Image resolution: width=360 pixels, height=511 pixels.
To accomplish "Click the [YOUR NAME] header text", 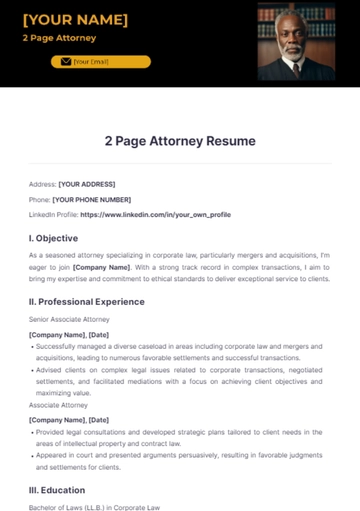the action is [75, 20].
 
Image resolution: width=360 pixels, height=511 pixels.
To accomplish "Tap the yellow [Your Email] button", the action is [101, 62].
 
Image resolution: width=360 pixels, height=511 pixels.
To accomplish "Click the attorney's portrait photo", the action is [296, 41].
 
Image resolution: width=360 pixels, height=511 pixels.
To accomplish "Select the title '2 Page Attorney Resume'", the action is [180, 141].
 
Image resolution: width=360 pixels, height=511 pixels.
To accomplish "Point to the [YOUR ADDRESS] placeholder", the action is [87, 184].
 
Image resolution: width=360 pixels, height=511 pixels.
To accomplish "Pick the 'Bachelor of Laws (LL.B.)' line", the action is [94, 507].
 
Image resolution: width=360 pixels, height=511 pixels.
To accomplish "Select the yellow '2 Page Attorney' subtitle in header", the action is [59, 38].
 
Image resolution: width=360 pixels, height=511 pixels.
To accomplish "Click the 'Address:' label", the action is [42, 184].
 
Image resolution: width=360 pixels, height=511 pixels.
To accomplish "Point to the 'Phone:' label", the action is [40, 199].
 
